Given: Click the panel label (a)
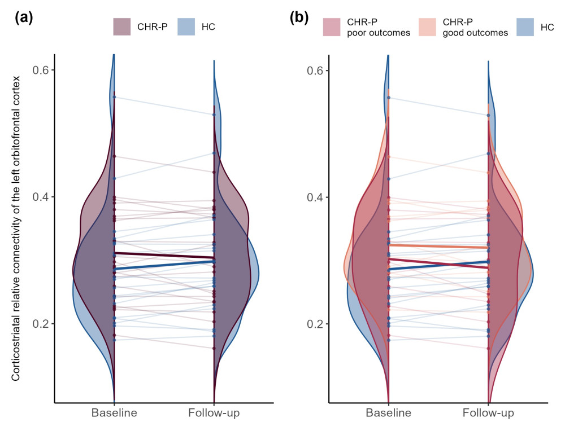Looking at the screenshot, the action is tap(24, 17).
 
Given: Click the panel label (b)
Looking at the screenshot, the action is tap(299, 17).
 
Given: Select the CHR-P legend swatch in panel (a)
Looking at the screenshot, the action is tap(122, 27).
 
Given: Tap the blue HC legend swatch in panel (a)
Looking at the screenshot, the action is tap(186, 27).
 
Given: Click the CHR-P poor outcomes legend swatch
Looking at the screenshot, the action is tap(332, 27).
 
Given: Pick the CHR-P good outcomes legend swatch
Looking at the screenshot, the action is tap(427, 27).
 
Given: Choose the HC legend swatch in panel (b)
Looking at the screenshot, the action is tap(525, 27).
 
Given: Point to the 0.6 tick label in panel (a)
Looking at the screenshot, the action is tap(40, 70).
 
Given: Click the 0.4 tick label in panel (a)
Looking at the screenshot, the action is tap(40, 197).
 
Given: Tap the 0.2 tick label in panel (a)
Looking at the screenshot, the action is tap(40, 324).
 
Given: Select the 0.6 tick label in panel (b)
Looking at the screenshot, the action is tap(315, 70).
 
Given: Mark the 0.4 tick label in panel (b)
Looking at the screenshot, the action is tap(315, 197).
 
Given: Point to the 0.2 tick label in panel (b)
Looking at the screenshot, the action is tap(315, 324).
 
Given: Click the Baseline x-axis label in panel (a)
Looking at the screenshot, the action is tap(114, 412).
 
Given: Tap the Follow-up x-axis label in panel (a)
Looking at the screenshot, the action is tap(214, 412).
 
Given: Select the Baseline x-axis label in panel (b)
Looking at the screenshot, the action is tap(389, 412).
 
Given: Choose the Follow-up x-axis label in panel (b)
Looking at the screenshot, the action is tap(488, 412).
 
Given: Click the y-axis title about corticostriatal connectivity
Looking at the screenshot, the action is tap(16, 228).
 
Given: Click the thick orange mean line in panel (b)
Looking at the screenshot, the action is tap(438, 247).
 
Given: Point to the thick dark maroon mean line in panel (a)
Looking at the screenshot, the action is tap(164, 256).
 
